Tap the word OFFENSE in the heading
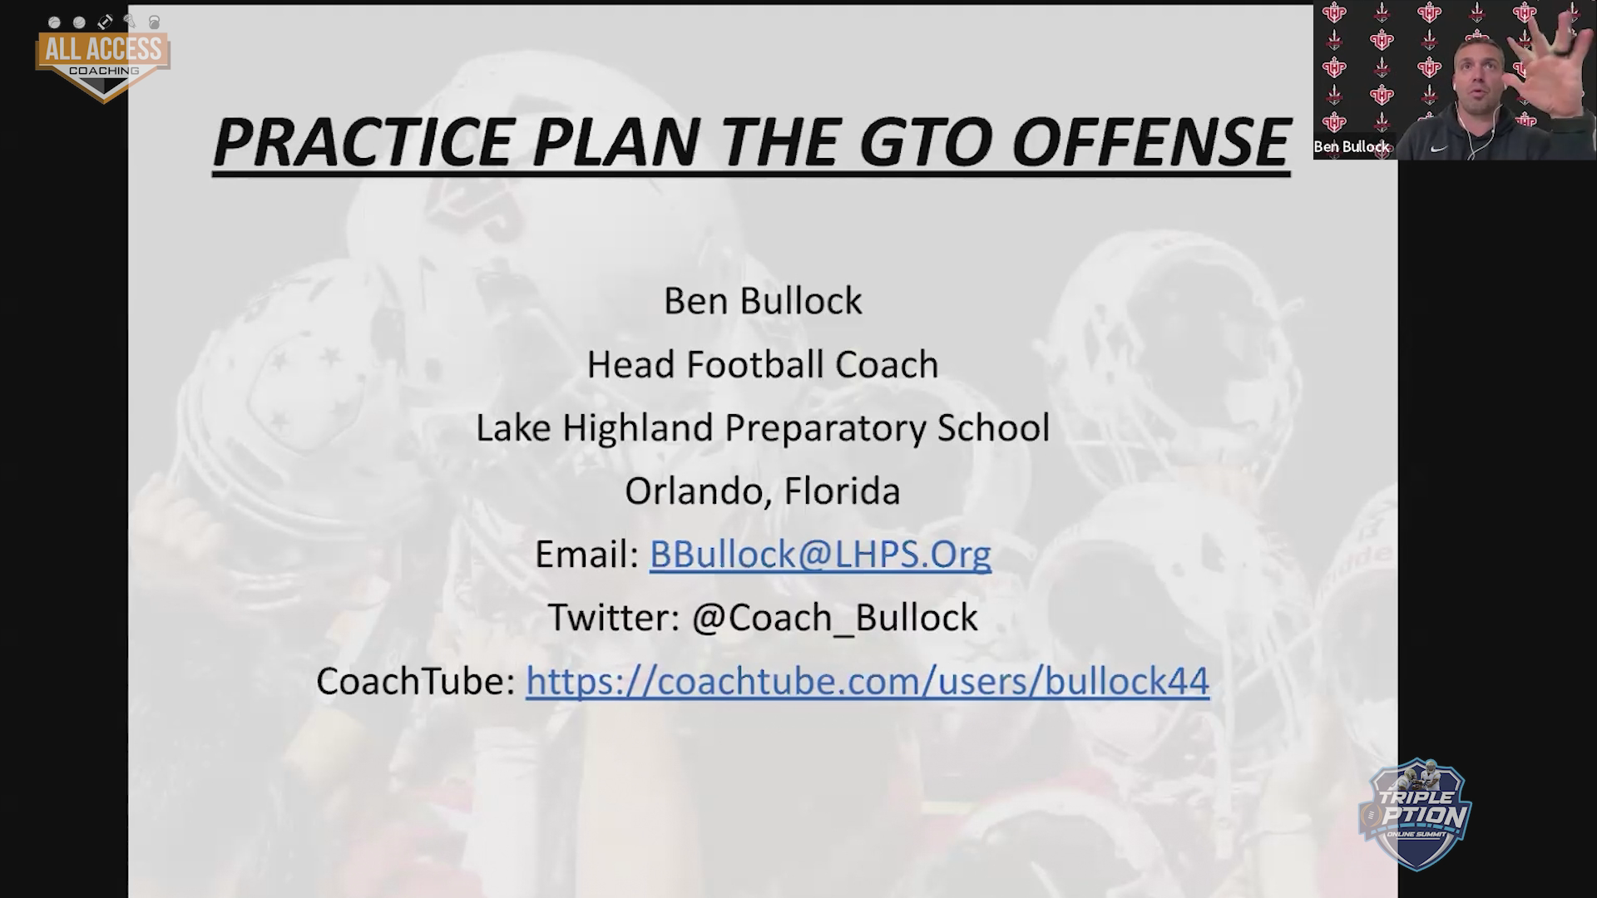pyautogui.click(x=1151, y=141)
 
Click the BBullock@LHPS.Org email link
pyautogui.click(x=820, y=554)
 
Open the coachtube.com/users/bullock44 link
pyautogui.click(x=868, y=681)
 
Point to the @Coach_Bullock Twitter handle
pyautogui.click(x=835, y=618)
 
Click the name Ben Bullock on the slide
pyautogui.click(x=763, y=301)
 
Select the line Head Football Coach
pyautogui.click(x=763, y=364)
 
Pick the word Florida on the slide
pyautogui.click(x=843, y=491)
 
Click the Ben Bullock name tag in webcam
pyautogui.click(x=1352, y=146)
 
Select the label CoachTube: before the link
pyautogui.click(x=416, y=681)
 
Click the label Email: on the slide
pyautogui.click(x=587, y=554)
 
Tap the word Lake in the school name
pyautogui.click(x=513, y=428)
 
